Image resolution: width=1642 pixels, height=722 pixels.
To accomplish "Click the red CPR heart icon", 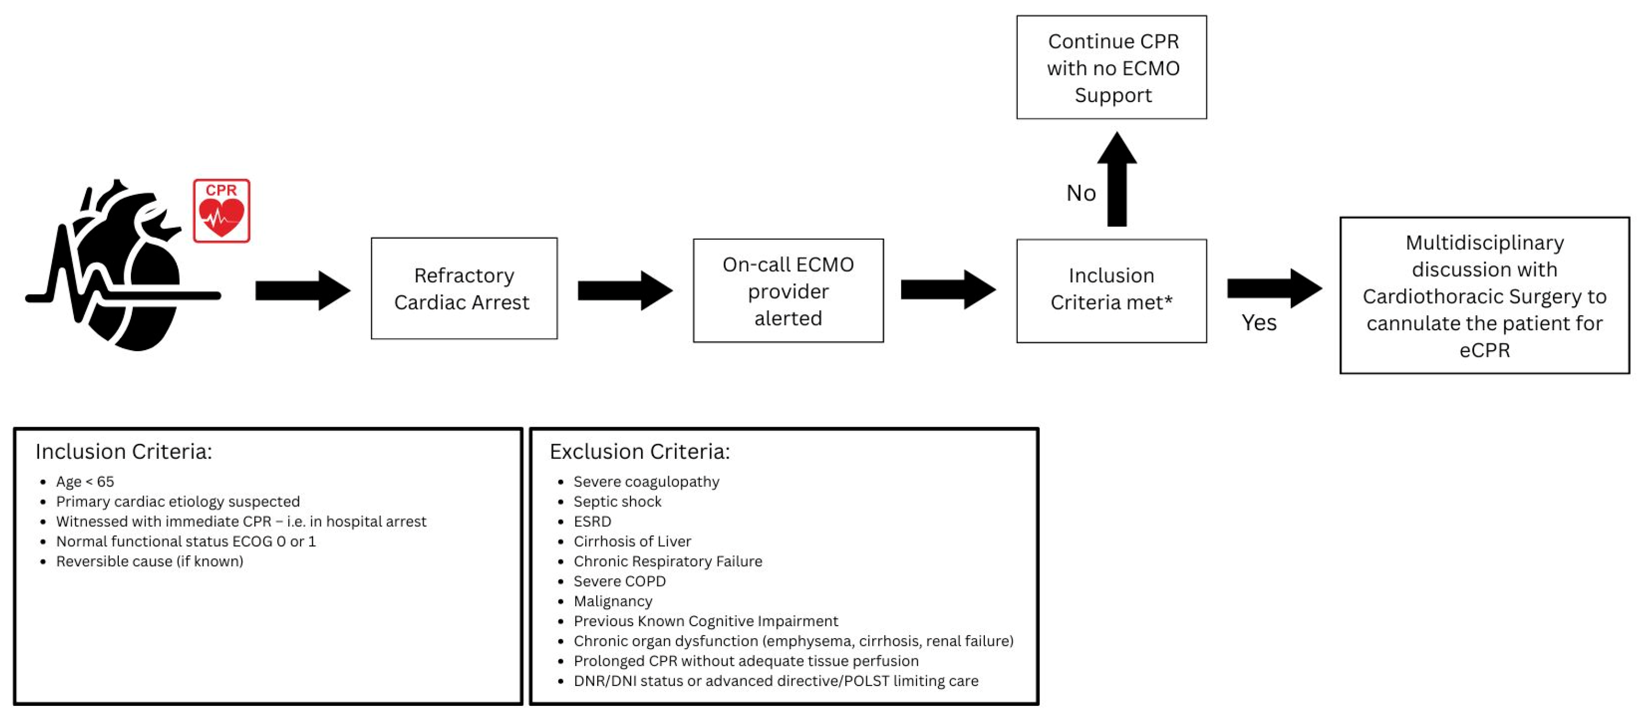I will tap(221, 211).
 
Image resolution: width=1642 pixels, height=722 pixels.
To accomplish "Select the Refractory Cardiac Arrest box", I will tap(463, 289).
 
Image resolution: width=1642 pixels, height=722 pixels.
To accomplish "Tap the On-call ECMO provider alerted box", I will tap(788, 291).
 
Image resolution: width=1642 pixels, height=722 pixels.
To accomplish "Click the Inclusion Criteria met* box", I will tap(1111, 291).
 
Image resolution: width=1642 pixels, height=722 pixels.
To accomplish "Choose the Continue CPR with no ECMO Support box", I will tap(1111, 68).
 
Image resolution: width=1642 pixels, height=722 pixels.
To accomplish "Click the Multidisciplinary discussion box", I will tap(1484, 296).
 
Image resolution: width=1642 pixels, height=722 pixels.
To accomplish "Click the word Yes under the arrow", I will tap(1258, 323).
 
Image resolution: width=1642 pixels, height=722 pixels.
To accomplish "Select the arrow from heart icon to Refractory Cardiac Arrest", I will tap(302, 291).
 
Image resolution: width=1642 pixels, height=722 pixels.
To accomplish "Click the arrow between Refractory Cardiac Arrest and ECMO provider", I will tap(625, 291).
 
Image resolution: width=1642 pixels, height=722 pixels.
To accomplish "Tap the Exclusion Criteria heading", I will tap(639, 452).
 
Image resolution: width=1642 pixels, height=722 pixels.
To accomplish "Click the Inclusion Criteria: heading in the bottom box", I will tap(124, 452).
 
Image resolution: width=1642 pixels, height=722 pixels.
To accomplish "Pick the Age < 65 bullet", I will tap(85, 482).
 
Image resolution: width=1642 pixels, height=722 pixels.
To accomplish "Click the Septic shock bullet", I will tap(617, 502).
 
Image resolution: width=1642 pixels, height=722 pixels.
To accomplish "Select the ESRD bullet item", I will tap(592, 522).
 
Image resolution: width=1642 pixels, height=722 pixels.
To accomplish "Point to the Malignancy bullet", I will tap(613, 602).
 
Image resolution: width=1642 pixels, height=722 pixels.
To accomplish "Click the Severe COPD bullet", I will tap(619, 582).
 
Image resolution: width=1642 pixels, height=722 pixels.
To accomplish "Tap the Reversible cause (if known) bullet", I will tap(149, 562).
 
